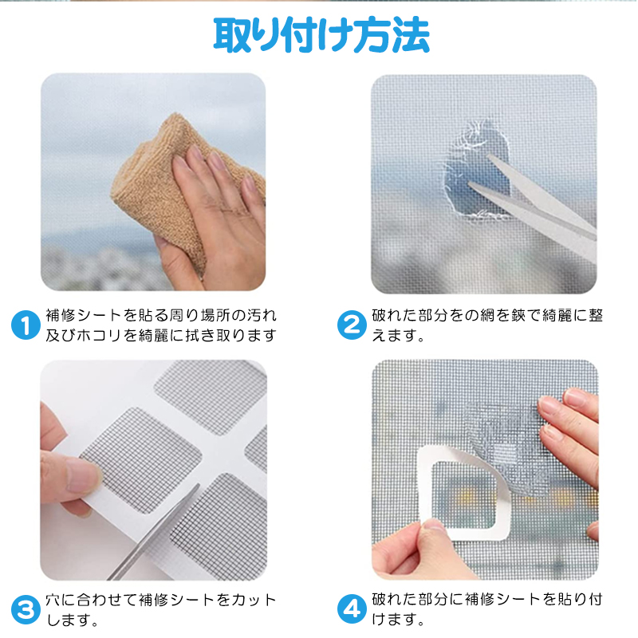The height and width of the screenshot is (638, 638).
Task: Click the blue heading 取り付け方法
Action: pos(321,36)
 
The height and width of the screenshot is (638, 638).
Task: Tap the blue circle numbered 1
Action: pos(26,325)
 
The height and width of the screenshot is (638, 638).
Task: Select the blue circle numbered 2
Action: pos(352,325)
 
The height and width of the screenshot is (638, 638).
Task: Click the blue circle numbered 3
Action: pos(26,609)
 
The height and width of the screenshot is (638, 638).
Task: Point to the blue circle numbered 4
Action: pos(352,609)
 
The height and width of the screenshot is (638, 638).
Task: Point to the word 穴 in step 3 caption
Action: pos(53,600)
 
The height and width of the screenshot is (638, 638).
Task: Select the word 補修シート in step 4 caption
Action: pos(502,599)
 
